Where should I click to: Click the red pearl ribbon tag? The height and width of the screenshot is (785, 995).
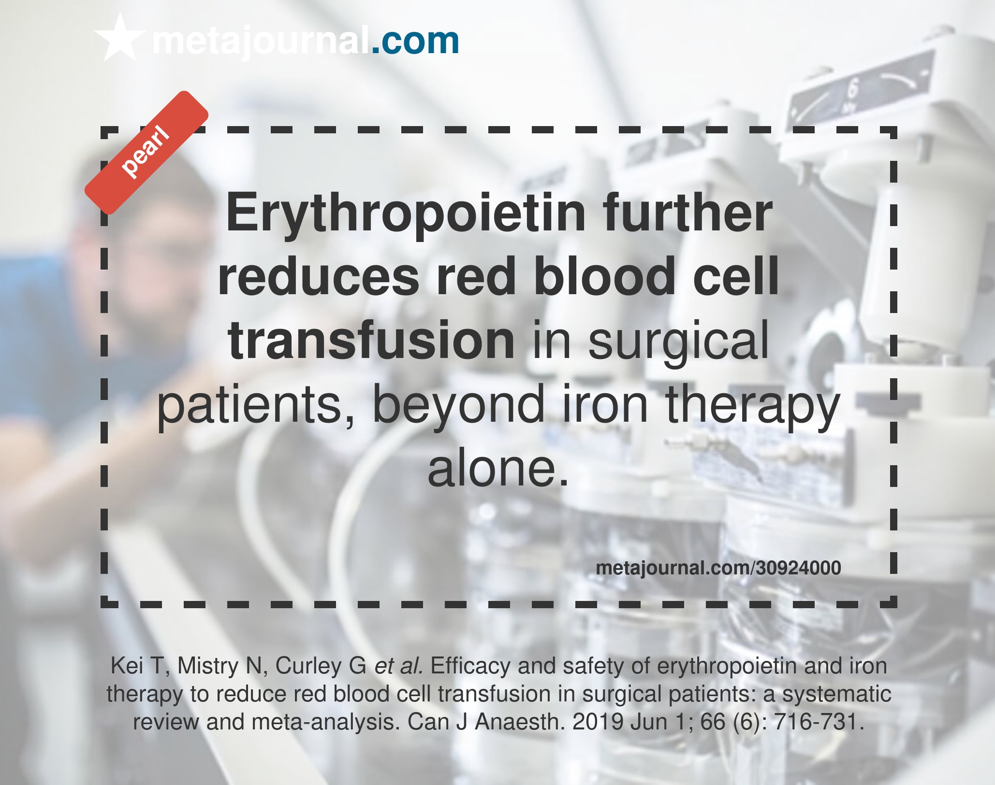(146, 152)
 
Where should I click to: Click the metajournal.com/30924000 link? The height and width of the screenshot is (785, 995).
(718, 568)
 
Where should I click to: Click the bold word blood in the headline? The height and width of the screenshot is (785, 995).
(604, 276)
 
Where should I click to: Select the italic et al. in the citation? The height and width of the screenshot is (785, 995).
(399, 666)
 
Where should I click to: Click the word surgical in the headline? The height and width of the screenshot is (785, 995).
(678, 343)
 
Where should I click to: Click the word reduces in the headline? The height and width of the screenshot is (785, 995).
(319, 277)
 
